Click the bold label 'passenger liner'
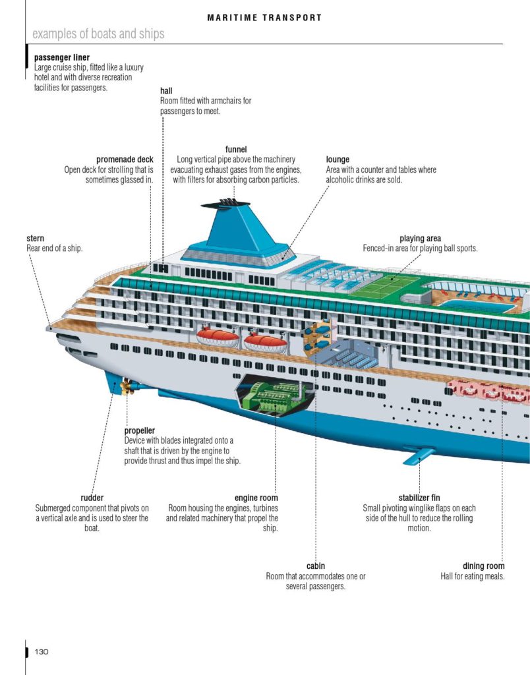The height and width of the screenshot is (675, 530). point(62,57)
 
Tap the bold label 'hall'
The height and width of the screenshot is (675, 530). point(166,91)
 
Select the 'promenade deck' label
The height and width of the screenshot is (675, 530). point(125,160)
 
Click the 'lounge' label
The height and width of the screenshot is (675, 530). point(338,160)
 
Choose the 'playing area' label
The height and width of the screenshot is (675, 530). point(420,239)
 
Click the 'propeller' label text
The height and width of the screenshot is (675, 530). point(140,431)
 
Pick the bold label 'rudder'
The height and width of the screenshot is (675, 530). point(92,498)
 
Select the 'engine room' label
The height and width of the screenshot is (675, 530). point(256,498)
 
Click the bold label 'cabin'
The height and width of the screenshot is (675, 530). point(316,566)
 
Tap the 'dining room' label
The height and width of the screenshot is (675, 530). point(483,566)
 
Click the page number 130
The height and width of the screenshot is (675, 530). point(42,651)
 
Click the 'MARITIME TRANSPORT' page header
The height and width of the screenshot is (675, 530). point(264,18)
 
